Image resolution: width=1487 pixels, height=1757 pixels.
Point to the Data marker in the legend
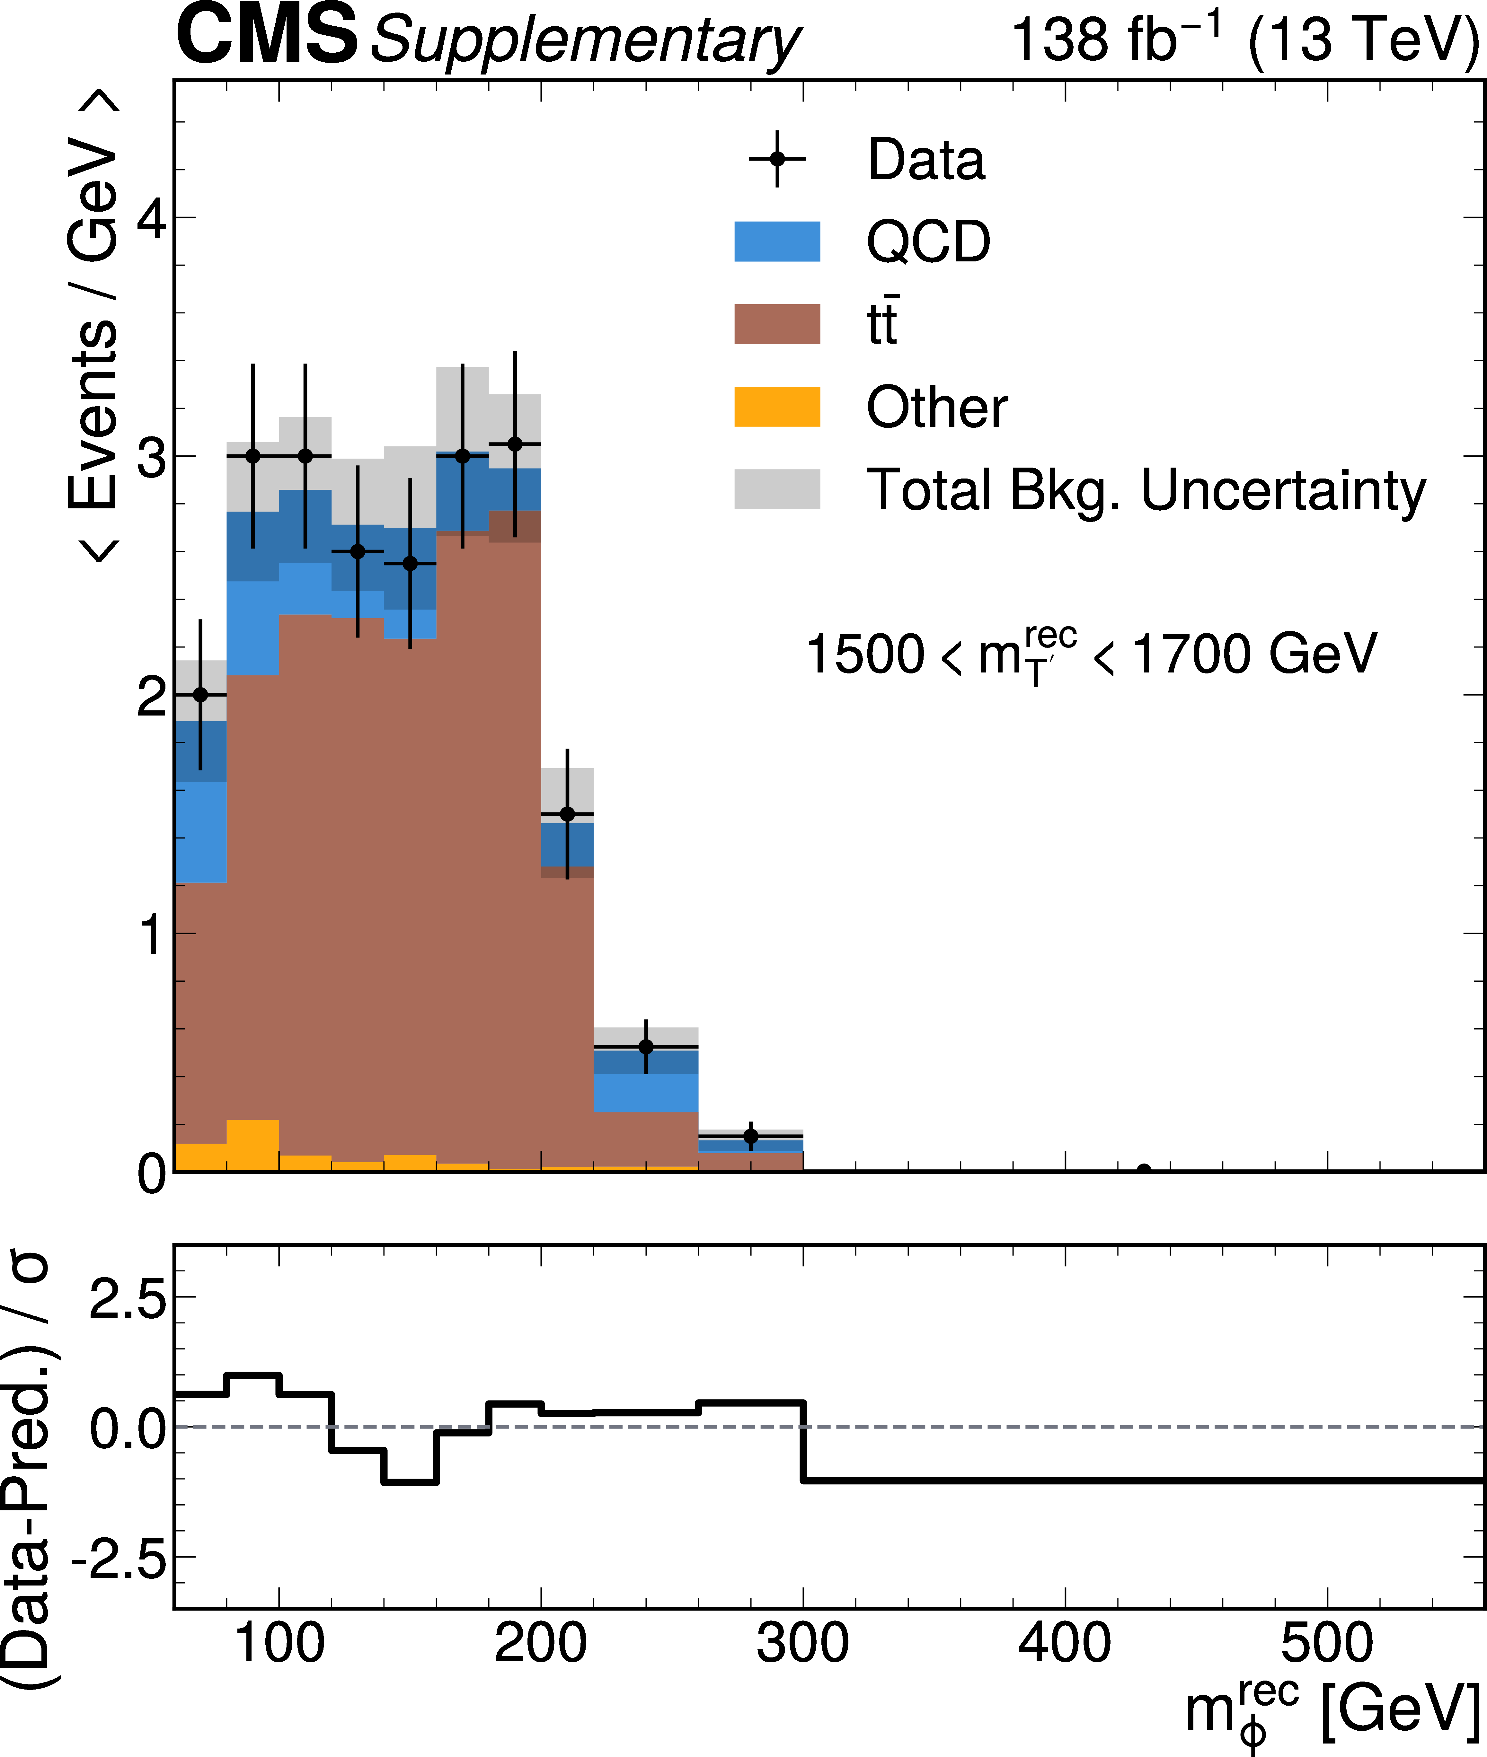777,159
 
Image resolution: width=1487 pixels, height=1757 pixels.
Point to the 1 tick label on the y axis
152,935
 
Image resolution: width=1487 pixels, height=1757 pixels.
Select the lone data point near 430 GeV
1144,1170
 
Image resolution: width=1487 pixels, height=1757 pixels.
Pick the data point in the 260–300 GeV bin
750,1137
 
